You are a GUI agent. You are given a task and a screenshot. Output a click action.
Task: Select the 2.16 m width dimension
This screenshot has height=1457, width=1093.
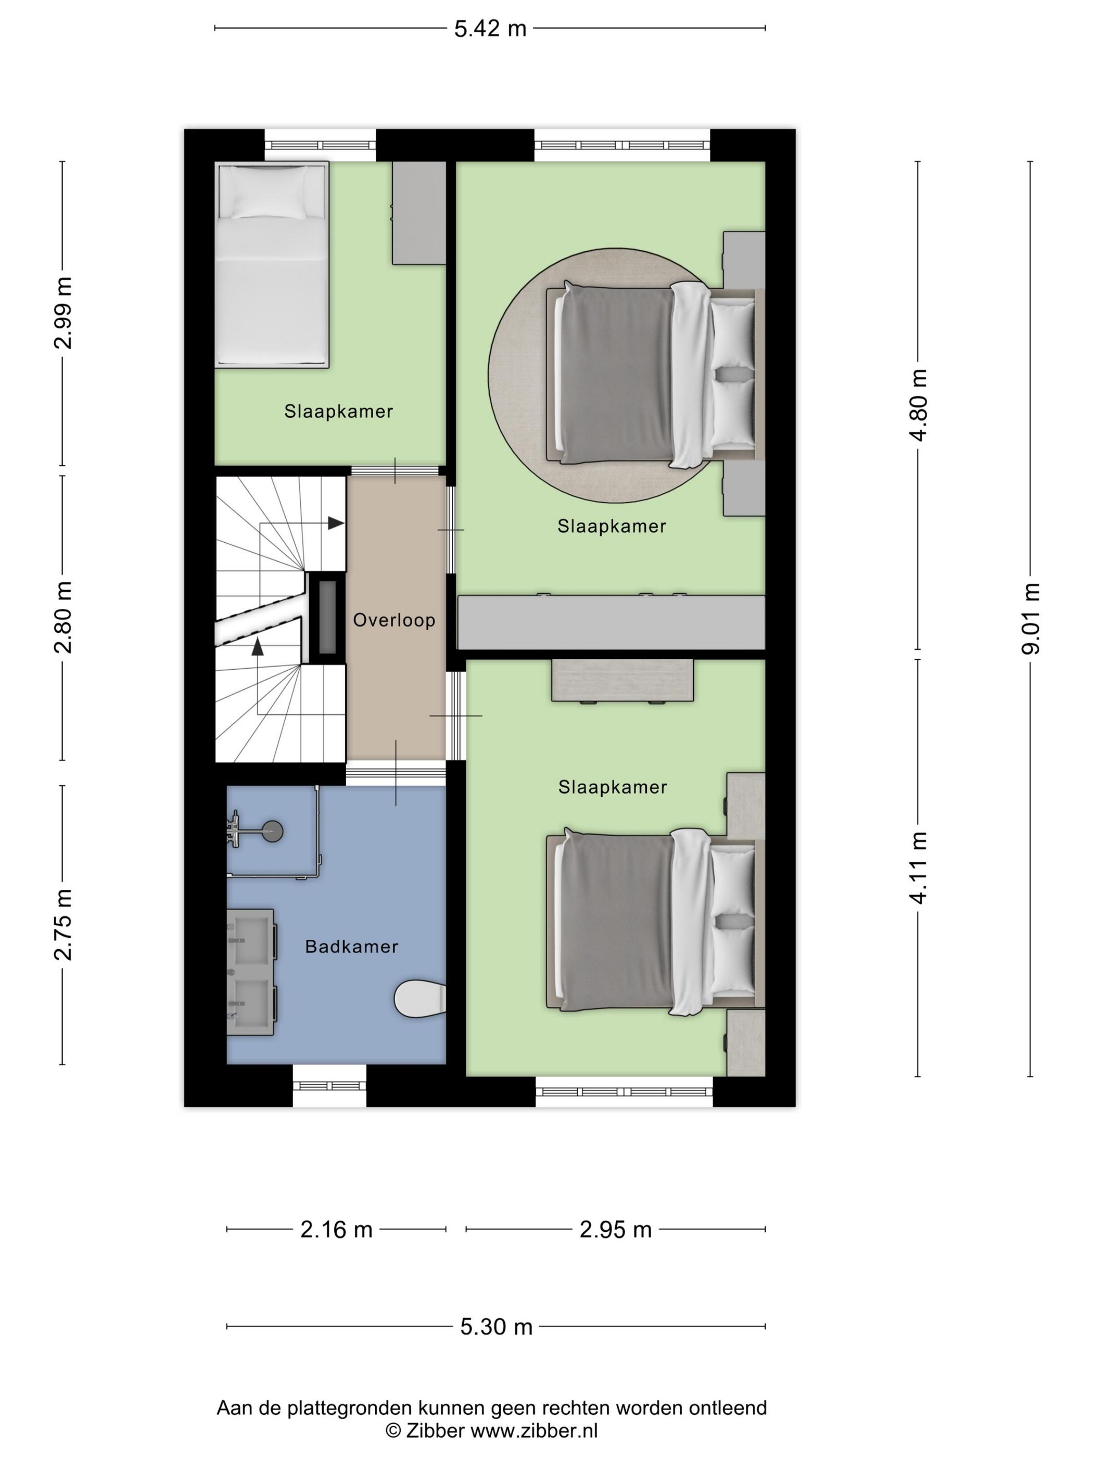tap(336, 1229)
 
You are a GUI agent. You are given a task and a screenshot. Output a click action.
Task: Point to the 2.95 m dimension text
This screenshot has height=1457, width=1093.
tap(615, 1229)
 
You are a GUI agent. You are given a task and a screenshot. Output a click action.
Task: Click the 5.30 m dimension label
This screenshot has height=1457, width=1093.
tap(496, 1326)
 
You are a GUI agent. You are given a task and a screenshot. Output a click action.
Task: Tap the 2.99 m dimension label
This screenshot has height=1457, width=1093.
tap(64, 312)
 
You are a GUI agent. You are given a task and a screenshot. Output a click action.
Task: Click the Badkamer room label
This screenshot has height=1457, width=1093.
tap(352, 947)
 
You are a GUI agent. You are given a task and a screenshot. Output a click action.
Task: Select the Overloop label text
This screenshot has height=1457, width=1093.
tap(394, 620)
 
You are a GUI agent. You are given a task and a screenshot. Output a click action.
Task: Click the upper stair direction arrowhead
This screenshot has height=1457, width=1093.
tap(336, 523)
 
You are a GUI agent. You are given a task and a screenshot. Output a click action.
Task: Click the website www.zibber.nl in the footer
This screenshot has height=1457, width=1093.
tap(533, 1430)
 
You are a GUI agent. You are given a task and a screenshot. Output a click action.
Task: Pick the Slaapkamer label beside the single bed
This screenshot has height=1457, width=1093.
tap(339, 412)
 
